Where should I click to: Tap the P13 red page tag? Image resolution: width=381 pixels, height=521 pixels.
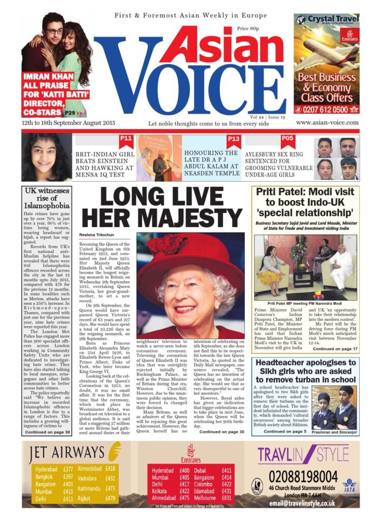pos(234,139)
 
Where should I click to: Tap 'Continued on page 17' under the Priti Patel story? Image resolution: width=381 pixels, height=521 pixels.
pos(335,349)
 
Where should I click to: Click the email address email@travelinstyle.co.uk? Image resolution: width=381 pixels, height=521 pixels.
pos(302,503)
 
